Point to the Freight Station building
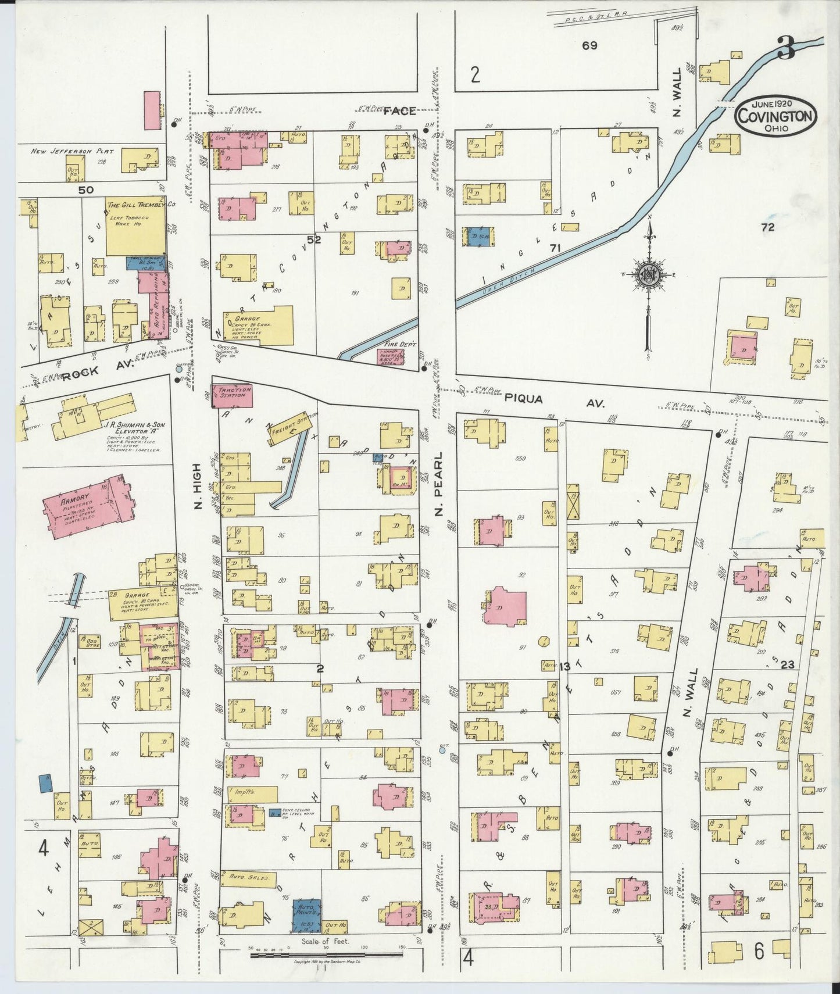294,429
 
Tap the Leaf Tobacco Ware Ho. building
135,226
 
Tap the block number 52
314,239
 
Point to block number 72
768,228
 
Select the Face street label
399,110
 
